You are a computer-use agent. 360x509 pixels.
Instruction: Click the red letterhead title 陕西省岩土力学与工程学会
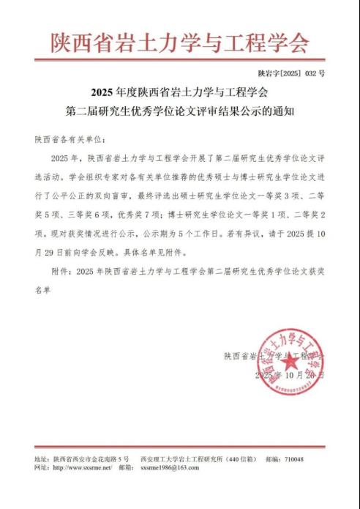[179, 42]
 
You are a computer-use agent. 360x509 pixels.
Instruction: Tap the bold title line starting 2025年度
[179, 93]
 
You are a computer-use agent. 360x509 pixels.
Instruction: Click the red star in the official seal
[290, 360]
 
